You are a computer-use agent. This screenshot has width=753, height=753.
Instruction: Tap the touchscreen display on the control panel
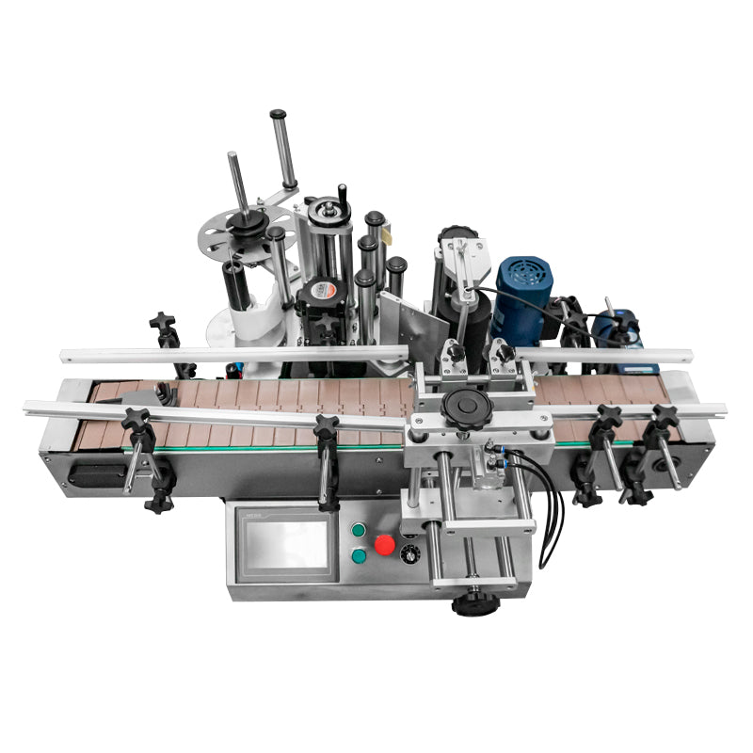pos(283,547)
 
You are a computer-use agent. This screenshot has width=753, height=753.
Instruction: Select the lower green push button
pos(359,557)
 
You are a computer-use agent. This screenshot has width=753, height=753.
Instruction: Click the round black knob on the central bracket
pos(462,409)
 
